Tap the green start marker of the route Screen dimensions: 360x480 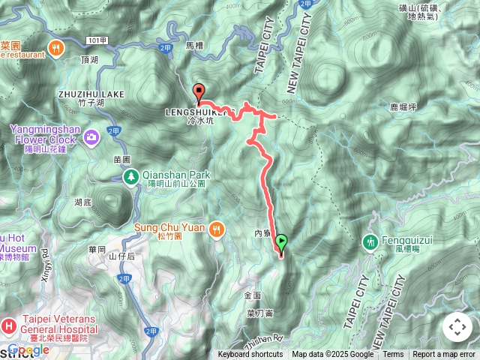(281, 243)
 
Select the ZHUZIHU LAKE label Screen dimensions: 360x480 (89, 94)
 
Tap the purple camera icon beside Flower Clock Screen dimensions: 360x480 (91, 136)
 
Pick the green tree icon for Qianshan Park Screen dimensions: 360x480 (130, 176)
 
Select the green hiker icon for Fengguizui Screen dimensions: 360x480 (370, 242)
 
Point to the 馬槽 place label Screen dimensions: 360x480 (194, 46)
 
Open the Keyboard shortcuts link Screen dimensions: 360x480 (250, 354)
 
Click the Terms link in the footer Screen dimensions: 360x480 (393, 354)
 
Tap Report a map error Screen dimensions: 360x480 (444, 354)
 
